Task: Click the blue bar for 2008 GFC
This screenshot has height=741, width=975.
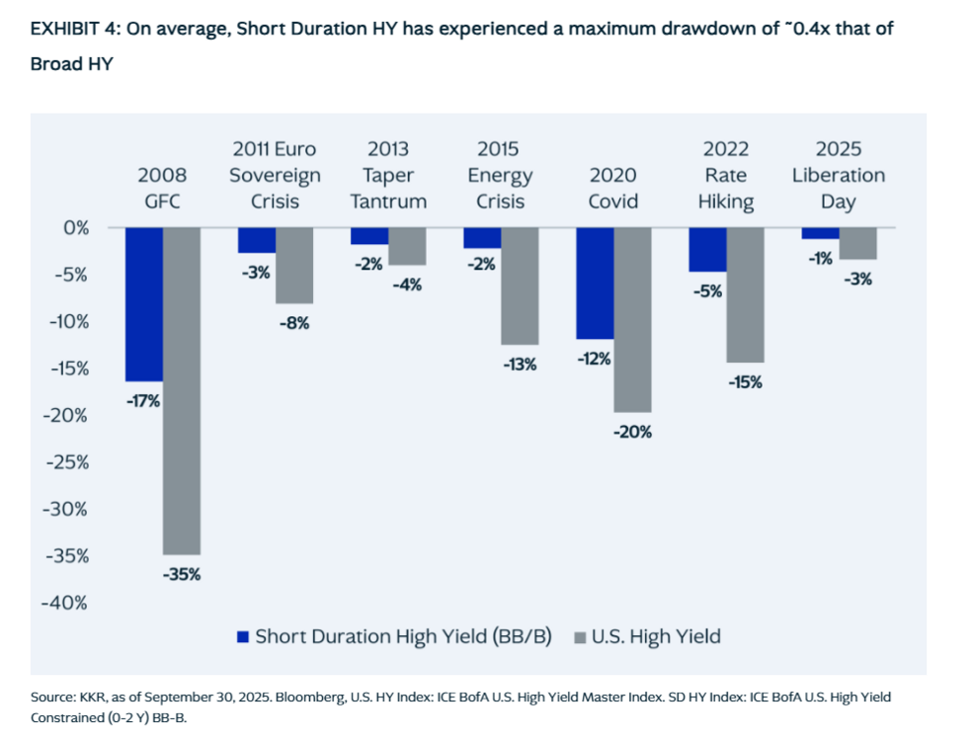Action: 143,304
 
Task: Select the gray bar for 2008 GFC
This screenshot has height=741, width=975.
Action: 182,390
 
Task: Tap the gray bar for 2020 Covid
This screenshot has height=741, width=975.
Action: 632,320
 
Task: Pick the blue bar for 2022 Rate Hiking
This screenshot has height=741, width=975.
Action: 707,250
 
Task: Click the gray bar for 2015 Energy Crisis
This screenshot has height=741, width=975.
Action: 520,287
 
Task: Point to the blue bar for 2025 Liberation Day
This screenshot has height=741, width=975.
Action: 820,233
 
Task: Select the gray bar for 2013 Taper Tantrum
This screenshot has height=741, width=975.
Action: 407,246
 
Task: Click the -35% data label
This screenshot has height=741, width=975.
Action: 182,574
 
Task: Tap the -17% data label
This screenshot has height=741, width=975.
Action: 143,401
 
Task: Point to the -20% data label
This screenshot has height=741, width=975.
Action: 632,432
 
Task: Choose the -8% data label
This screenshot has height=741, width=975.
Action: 294,323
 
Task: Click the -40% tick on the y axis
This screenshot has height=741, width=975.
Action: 65,603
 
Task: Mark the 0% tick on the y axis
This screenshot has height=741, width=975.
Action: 76,227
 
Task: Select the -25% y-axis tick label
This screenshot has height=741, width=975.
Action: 65,462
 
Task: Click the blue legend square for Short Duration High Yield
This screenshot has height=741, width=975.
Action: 243,636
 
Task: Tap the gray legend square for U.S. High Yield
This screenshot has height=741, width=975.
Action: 580,637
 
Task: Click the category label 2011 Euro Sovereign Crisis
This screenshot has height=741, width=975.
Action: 275,176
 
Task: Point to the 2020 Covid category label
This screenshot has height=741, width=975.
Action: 613,188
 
